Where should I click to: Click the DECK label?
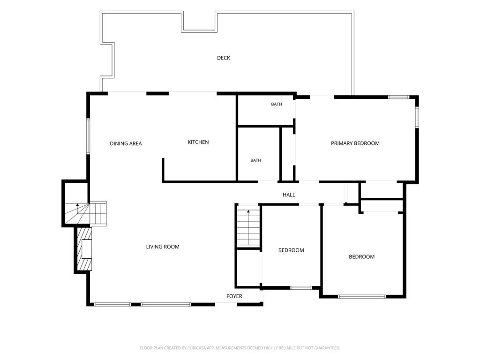click(224, 58)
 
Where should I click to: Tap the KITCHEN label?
click(198, 142)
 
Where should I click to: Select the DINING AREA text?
click(126, 143)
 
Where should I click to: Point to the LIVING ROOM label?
click(163, 247)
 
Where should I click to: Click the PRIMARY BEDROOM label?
click(355, 143)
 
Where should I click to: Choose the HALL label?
click(289, 195)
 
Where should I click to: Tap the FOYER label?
click(234, 296)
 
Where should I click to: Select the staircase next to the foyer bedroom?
click(248, 225)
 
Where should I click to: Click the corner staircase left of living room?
click(86, 213)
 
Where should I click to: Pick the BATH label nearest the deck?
click(277, 104)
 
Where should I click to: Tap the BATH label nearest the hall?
click(255, 160)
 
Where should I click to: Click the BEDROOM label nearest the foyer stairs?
click(291, 250)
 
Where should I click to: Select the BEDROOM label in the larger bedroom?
click(361, 256)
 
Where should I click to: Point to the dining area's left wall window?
click(88, 136)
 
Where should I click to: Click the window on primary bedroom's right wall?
click(417, 117)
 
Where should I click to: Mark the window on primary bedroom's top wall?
click(398, 97)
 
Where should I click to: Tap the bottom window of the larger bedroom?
click(362, 296)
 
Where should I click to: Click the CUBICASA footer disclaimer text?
click(240, 348)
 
